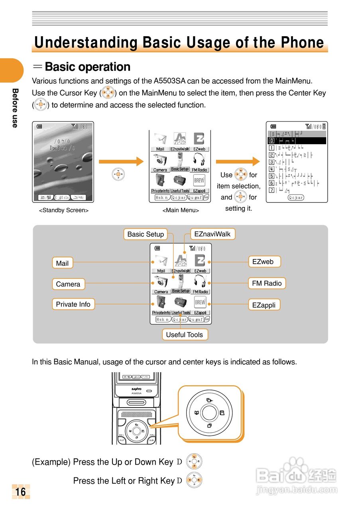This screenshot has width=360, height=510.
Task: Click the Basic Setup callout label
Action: (x=146, y=234)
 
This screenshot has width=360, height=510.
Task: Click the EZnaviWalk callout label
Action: (x=212, y=234)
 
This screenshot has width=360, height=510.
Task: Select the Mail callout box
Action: (x=62, y=263)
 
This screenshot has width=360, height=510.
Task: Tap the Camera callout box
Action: (x=68, y=284)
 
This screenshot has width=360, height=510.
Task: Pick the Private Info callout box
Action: (x=73, y=304)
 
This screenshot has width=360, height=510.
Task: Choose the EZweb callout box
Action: (x=264, y=261)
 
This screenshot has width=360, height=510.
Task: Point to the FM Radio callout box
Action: (x=267, y=283)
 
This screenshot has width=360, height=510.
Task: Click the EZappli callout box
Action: (x=264, y=305)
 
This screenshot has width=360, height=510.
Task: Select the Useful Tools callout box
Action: (x=185, y=335)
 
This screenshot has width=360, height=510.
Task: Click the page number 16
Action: (x=21, y=492)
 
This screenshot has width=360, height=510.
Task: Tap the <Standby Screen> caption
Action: (x=64, y=210)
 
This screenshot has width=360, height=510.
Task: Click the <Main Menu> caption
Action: (x=181, y=210)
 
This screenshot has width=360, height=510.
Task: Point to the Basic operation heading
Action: (x=88, y=67)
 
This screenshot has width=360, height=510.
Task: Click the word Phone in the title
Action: (x=302, y=43)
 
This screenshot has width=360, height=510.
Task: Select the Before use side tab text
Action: (x=15, y=108)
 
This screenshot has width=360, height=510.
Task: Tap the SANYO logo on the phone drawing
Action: (x=136, y=389)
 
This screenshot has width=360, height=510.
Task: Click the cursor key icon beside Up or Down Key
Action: (x=194, y=462)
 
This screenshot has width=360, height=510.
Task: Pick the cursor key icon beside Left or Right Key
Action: (x=194, y=481)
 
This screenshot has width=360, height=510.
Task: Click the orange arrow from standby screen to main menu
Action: (x=121, y=161)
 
